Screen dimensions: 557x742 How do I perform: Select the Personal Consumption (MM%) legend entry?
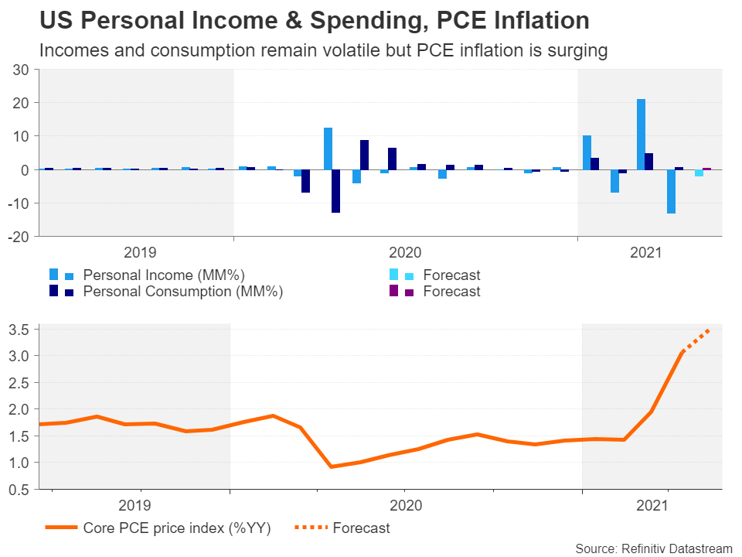click(182, 292)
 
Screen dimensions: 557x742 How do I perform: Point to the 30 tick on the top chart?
click(21, 70)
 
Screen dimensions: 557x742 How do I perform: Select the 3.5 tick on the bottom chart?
click(19, 330)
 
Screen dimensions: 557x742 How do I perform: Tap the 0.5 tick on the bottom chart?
click(19, 490)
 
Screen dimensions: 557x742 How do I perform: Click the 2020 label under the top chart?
click(404, 252)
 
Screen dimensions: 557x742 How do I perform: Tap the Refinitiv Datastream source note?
click(653, 548)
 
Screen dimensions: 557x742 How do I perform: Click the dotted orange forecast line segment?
click(696, 341)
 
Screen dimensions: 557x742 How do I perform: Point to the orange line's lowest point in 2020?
click(331, 466)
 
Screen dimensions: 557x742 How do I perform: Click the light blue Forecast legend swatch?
click(394, 275)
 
